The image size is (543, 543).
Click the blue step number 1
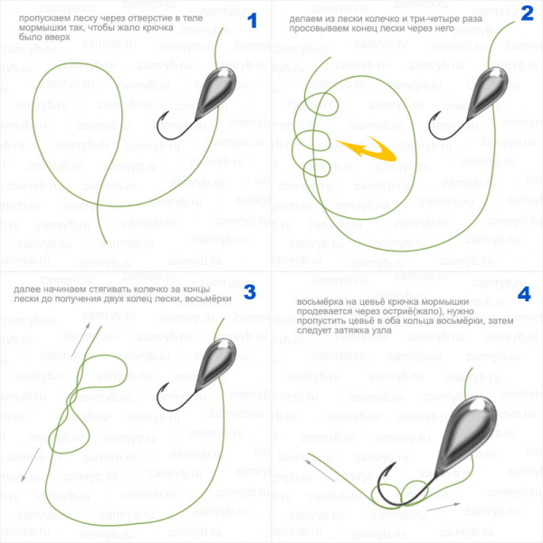252,21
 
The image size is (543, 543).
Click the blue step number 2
527,14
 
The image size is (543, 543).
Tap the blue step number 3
250,292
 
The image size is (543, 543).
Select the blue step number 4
524,294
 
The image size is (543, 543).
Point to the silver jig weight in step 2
488,93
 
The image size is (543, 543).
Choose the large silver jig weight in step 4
466,434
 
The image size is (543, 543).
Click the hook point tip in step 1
168,111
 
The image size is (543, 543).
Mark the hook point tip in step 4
395,462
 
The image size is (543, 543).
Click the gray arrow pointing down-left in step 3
30,465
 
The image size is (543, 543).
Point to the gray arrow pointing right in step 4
443,507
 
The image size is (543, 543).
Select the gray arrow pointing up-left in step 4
319,471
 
